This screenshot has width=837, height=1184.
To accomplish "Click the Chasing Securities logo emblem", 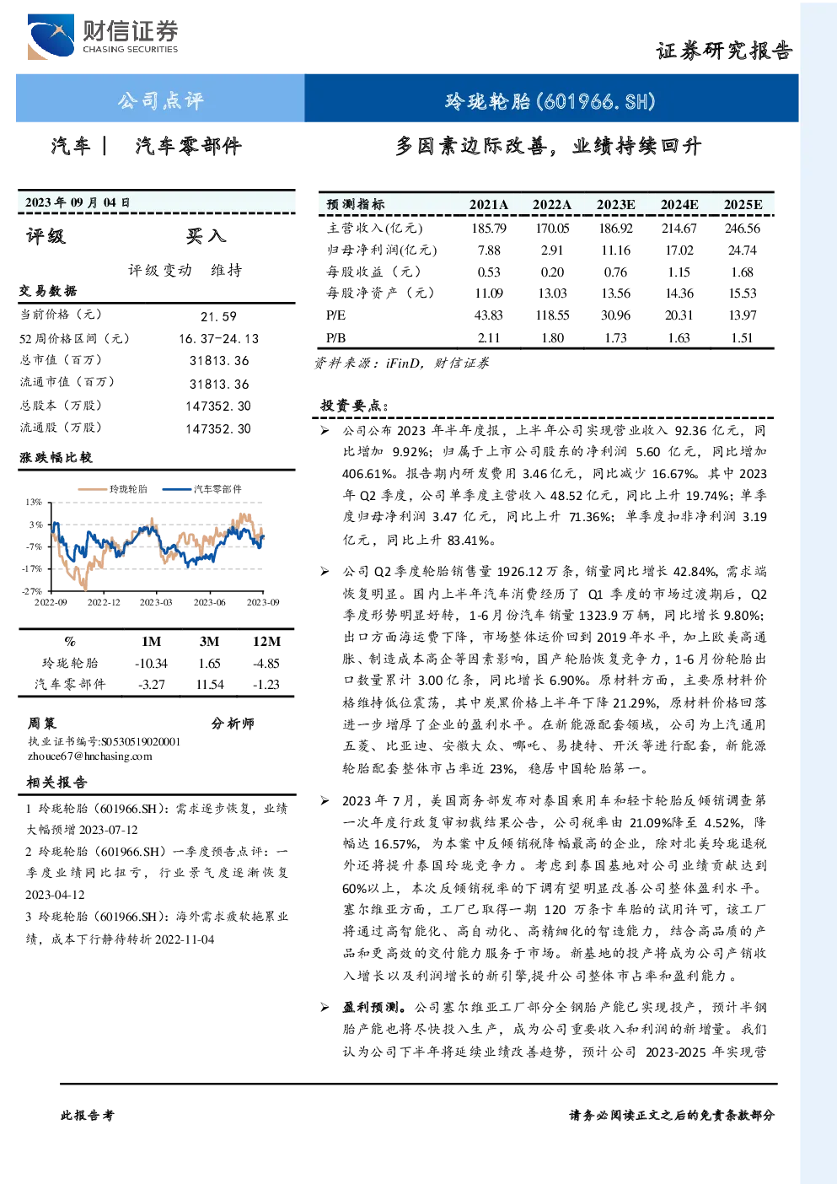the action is (x=51, y=36).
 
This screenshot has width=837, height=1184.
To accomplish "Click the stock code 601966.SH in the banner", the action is (x=596, y=101).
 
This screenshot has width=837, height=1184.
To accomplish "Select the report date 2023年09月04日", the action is (x=78, y=202).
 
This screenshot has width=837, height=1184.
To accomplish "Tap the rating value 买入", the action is (x=206, y=236).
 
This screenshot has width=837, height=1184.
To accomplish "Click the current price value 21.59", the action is (x=218, y=316).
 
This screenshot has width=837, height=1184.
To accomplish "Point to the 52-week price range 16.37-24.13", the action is (x=218, y=339).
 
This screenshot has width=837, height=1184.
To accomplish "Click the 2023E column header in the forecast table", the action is (x=615, y=205).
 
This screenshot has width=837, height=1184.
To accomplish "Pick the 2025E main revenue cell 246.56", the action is (x=743, y=229).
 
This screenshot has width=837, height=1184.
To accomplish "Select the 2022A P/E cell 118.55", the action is (x=552, y=315).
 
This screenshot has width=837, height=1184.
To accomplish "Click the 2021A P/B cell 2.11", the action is (x=489, y=338).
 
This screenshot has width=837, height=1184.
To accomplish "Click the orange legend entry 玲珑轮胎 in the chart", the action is (x=113, y=489).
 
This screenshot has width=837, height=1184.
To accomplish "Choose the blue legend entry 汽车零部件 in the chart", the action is (x=201, y=489).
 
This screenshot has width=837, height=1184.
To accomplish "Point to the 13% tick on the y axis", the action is (x=34, y=502).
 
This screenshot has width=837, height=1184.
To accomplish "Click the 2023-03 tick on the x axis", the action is (x=156, y=602).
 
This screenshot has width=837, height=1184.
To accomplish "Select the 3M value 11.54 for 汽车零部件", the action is (x=210, y=685).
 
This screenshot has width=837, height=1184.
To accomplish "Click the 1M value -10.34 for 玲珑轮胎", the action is (x=151, y=664).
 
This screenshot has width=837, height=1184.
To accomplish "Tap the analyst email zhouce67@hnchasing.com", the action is (x=90, y=756).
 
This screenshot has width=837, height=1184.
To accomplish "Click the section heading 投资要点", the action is (x=354, y=406).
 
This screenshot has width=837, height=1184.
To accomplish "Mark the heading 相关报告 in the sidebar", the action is (x=57, y=783).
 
